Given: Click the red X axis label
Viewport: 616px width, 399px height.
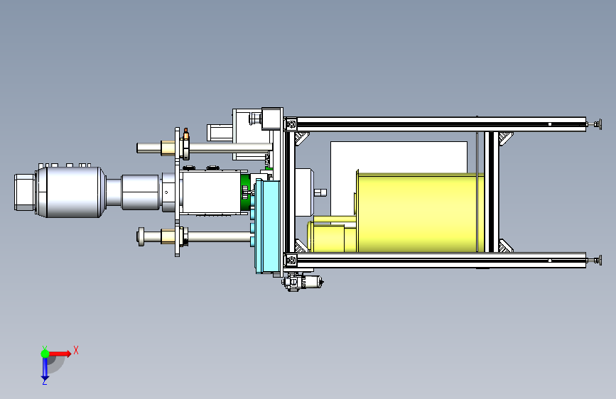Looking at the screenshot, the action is [x=76, y=350].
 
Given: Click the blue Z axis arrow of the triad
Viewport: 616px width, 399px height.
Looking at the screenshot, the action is [x=45, y=368].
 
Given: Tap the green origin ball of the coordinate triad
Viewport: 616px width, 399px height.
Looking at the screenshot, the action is [x=45, y=354].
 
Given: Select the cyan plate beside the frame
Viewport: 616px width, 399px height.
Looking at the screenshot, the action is [x=269, y=226].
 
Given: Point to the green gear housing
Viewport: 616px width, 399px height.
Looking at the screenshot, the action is [x=246, y=192].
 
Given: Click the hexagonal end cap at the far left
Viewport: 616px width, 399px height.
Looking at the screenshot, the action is [x=24, y=192].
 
